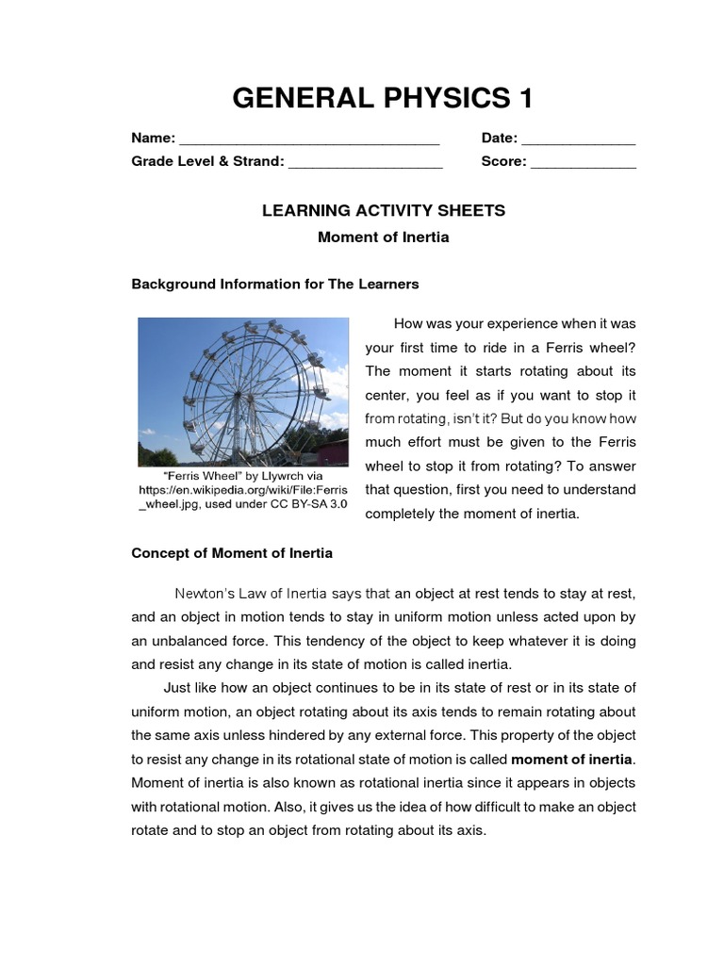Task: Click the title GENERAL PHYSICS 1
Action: click(x=383, y=98)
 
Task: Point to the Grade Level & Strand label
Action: click(x=207, y=161)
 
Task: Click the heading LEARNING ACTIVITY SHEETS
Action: click(x=383, y=210)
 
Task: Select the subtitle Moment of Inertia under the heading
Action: click(x=383, y=237)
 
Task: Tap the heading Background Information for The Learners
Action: click(x=274, y=283)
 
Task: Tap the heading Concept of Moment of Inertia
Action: click(x=231, y=552)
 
